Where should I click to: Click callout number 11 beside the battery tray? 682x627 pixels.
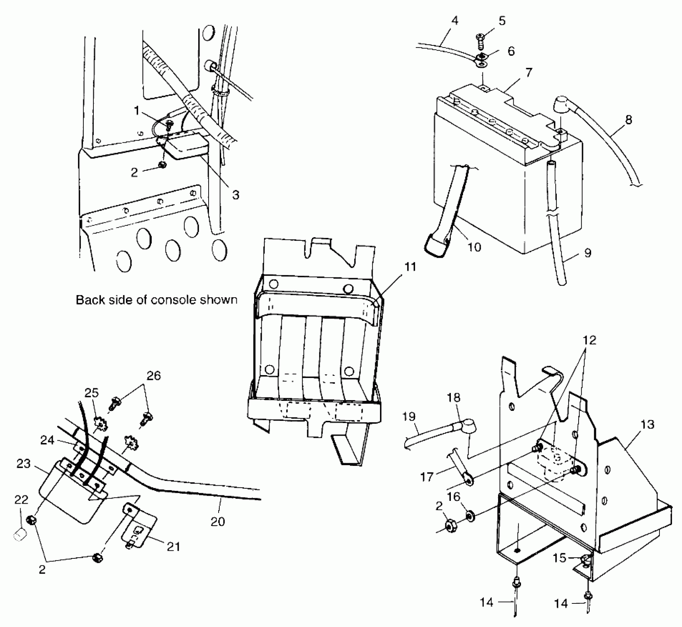tap(410, 267)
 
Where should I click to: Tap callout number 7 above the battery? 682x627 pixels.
tap(529, 72)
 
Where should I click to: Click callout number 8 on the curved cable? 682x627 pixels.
tap(628, 119)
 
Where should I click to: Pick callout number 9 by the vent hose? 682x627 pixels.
tap(588, 253)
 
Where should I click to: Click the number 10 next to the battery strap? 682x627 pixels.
tap(474, 247)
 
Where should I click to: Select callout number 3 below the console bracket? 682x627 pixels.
tap(236, 194)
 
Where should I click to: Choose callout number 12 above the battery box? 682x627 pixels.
tap(589, 340)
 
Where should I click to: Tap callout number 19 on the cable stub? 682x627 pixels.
tap(409, 416)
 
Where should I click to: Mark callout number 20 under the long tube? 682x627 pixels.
tap(217, 522)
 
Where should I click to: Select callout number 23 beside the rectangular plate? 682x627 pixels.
tap(23, 463)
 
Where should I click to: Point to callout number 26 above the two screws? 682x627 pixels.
tap(154, 375)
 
